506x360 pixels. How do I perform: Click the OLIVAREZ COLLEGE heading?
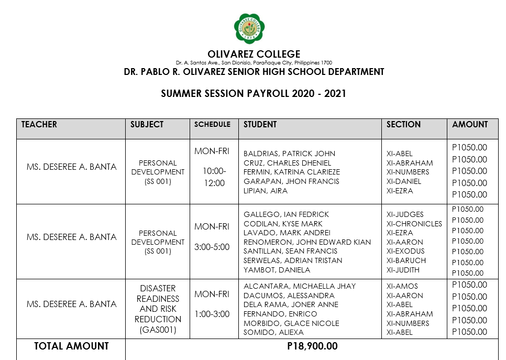(254, 54)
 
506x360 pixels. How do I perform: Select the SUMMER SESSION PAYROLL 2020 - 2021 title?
(254, 94)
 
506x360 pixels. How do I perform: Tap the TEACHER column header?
(39, 125)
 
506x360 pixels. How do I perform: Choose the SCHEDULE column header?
(212, 125)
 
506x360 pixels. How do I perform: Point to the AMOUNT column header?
(470, 125)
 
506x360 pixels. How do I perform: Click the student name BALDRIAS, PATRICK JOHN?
(289, 154)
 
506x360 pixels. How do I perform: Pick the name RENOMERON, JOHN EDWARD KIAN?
(307, 242)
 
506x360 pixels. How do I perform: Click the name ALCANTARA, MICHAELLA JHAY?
(300, 286)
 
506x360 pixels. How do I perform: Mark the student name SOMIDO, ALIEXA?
(273, 332)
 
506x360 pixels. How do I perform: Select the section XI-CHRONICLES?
(414, 224)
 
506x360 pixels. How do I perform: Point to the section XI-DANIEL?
(404, 181)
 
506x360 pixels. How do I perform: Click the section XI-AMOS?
(402, 286)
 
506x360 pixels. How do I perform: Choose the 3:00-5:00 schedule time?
(212, 247)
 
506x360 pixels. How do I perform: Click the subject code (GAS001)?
(158, 330)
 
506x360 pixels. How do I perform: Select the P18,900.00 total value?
(312, 346)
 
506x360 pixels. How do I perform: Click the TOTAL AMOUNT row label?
(71, 346)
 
